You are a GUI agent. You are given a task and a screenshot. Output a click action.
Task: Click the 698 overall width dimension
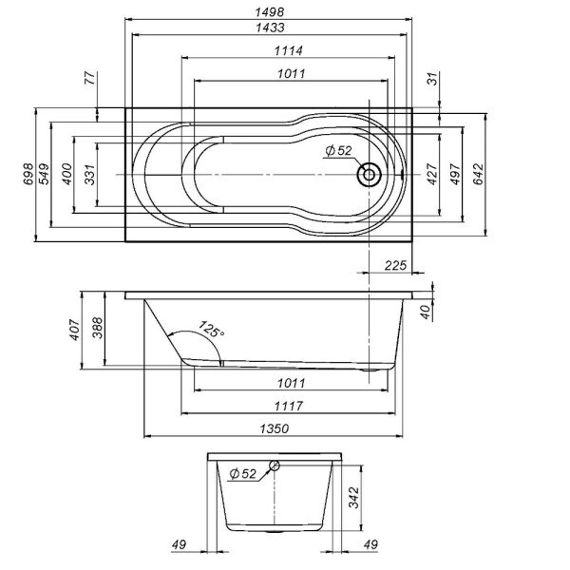28,174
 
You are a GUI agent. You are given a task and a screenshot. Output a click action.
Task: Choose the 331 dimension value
89,174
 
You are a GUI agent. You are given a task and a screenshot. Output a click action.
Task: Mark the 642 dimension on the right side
479,174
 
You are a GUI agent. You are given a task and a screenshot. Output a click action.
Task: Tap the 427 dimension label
431,174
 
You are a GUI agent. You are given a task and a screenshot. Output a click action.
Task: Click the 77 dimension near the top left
90,80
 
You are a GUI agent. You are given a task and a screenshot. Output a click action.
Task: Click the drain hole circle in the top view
368,175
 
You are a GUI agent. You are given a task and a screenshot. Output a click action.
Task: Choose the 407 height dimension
76,328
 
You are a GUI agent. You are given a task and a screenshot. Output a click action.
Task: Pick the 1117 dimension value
288,406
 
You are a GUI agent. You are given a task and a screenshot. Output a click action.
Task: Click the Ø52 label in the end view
242,473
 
